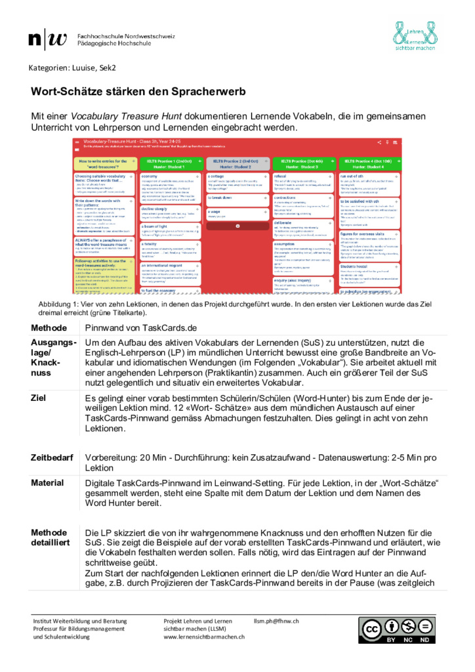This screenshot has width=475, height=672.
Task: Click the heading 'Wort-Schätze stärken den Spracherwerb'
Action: point(139,92)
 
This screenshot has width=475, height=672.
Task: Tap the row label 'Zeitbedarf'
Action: point(52,457)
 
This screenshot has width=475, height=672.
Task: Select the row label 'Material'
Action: point(48,483)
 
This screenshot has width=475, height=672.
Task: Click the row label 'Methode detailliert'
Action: point(49,537)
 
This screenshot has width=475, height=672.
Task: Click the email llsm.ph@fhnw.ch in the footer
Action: point(276,621)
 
